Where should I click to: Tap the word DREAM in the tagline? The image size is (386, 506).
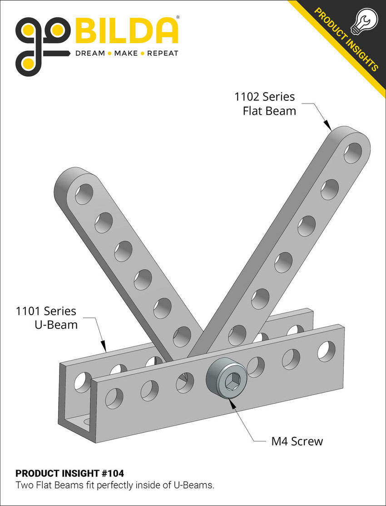(x=89, y=53)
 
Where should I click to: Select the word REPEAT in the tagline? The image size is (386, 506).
(x=163, y=53)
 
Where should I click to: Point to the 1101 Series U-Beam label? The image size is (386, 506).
(x=46, y=317)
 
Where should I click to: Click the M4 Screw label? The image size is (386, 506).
(x=294, y=441)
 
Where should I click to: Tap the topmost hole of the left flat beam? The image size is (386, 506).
(x=84, y=194)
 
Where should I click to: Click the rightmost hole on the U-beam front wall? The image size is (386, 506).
(x=326, y=350)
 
